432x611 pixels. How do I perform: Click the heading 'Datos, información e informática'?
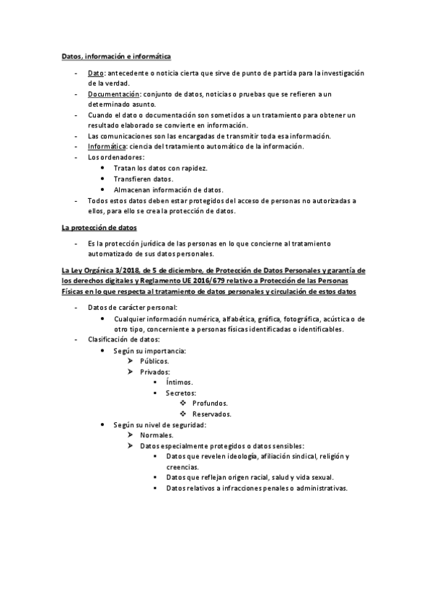(x=115, y=55)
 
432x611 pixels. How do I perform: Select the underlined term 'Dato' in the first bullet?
(x=96, y=73)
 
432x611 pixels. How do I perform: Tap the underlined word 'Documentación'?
(x=113, y=94)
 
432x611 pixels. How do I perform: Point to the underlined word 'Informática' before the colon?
(x=107, y=146)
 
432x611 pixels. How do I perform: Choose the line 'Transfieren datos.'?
(x=144, y=179)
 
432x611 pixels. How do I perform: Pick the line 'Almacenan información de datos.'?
(x=168, y=189)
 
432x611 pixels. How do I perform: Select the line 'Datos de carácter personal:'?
(x=132, y=308)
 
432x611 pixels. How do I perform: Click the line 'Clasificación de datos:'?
(x=123, y=339)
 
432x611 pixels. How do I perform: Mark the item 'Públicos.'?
(x=155, y=360)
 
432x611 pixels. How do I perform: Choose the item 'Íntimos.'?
(x=179, y=382)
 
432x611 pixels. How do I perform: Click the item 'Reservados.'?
(x=211, y=414)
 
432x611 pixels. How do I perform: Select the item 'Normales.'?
(x=157, y=435)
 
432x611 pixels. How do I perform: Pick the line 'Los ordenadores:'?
(x=115, y=157)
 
